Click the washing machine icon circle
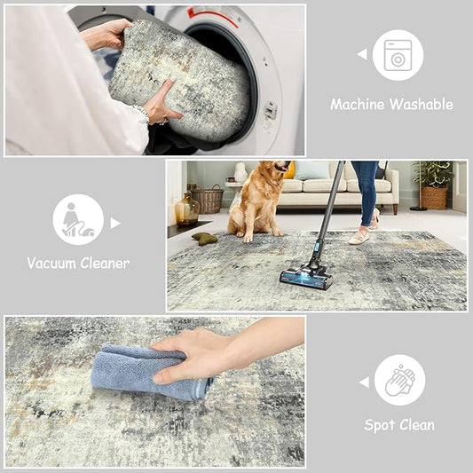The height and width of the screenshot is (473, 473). pyautogui.click(x=398, y=55)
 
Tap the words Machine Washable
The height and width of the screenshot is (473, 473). pyautogui.click(x=391, y=105)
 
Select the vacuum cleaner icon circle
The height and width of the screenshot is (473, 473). pyautogui.click(x=78, y=219)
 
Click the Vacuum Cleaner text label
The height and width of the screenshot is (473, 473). pyautogui.click(x=78, y=263)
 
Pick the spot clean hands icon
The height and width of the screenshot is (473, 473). pyautogui.click(x=399, y=380)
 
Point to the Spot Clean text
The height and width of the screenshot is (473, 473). pyautogui.click(x=399, y=425)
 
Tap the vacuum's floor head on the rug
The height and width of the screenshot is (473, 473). pyautogui.click(x=306, y=279)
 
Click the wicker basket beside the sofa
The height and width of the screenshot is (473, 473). pyautogui.click(x=208, y=199)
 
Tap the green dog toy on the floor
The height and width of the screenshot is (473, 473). pyautogui.click(x=205, y=238)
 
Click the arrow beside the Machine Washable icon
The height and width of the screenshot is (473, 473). pyautogui.click(x=362, y=54)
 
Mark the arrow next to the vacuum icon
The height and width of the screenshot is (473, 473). pyautogui.click(x=114, y=223)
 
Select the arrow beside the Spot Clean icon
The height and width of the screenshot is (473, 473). pyautogui.click(x=363, y=382)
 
